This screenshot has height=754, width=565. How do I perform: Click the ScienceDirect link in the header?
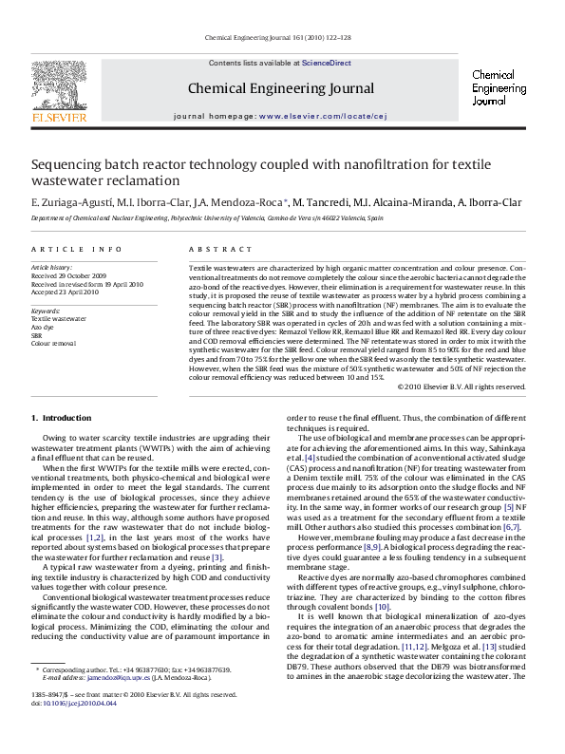(x=326, y=63)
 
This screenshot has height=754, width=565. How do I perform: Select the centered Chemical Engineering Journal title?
(x=281, y=88)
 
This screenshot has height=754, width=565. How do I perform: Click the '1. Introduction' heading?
(x=62, y=418)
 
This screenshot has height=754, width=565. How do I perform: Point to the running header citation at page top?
(x=277, y=38)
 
